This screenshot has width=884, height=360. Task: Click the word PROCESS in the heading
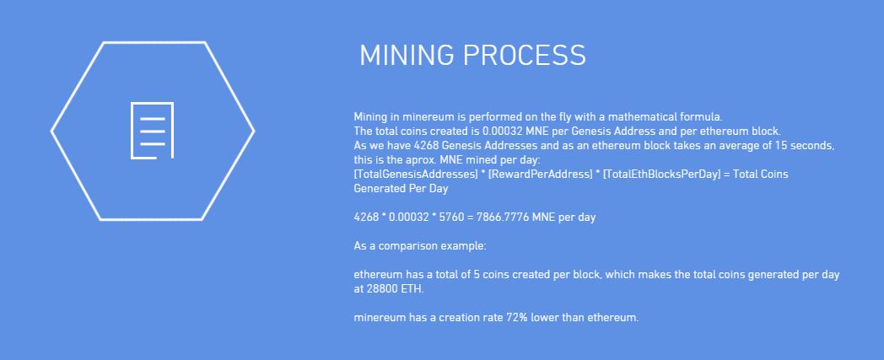(x=525, y=55)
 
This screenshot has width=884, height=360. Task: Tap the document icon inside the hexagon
(x=152, y=131)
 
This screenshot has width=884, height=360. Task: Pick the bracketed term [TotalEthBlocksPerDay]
(x=660, y=175)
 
